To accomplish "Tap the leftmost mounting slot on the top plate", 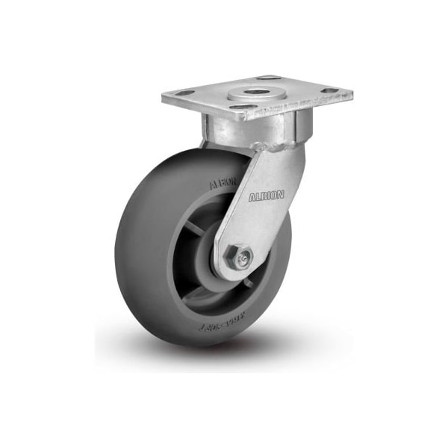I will [x=184, y=93].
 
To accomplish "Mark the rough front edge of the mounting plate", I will [x=258, y=115].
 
